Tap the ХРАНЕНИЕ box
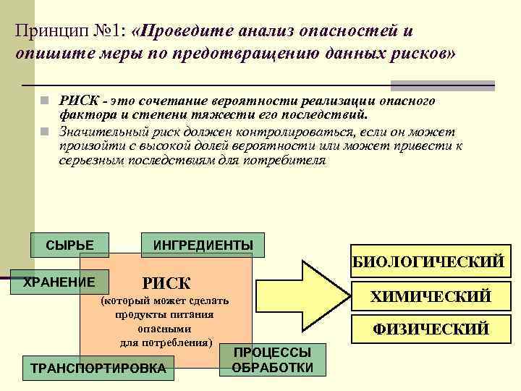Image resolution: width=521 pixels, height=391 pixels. click(x=59, y=282)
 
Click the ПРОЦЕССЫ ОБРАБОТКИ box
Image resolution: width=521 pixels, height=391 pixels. click(x=272, y=360)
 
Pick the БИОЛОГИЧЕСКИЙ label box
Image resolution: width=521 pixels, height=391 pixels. click(x=428, y=262)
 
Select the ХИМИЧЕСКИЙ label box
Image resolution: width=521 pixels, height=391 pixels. click(x=431, y=296)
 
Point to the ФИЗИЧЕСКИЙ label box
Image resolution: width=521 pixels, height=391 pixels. click(x=431, y=329)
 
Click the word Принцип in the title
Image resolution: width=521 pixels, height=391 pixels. click(x=51, y=31)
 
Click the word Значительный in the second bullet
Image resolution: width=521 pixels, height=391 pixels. click(x=104, y=133)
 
